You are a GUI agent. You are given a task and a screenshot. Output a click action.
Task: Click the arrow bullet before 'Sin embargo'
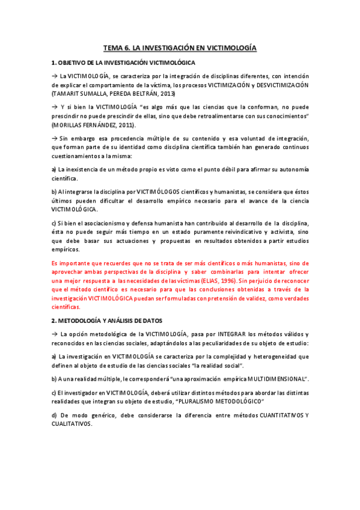(x=55, y=138)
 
